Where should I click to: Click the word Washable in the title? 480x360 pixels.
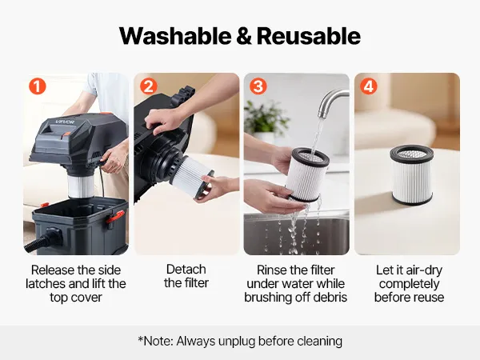tap(175, 36)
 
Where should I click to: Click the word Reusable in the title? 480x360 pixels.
tap(309, 36)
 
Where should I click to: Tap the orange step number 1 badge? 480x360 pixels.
tap(38, 86)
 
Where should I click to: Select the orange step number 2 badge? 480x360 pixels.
tap(149, 86)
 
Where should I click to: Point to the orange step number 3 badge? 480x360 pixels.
tap(258, 86)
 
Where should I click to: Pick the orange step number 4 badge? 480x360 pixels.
tap(368, 86)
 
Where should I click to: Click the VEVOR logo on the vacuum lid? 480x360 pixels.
tap(65, 122)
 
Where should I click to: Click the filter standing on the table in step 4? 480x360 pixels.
tap(412, 174)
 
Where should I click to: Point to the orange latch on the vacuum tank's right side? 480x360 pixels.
tap(115, 217)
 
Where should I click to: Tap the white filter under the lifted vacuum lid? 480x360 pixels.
tap(80, 186)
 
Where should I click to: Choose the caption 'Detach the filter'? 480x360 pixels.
tap(186, 276)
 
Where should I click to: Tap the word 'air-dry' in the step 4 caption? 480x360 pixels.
tap(424, 270)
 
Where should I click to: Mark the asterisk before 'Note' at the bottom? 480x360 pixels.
tap(141, 338)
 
